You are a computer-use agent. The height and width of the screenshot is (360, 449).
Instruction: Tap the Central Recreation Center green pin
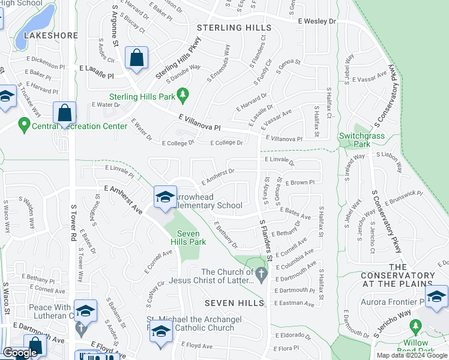(x=24, y=126)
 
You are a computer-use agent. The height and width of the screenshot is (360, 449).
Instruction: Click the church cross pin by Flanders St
(x=261, y=274)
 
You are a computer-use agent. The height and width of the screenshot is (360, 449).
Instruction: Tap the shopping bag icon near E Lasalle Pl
(x=137, y=58)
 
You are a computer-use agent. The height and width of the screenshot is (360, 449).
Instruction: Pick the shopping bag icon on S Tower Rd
(x=64, y=113)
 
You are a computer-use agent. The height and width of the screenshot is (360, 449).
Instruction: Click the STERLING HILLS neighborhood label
(x=235, y=28)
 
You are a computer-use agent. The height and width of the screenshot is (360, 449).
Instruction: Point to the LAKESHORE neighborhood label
(x=51, y=35)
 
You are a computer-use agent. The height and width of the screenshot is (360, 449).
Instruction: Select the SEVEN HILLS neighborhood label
(x=234, y=303)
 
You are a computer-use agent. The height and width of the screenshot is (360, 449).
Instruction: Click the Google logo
(x=20, y=353)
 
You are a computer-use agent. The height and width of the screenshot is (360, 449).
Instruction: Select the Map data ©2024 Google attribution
(x=412, y=355)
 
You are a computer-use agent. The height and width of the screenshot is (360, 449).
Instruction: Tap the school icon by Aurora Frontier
(x=436, y=296)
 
